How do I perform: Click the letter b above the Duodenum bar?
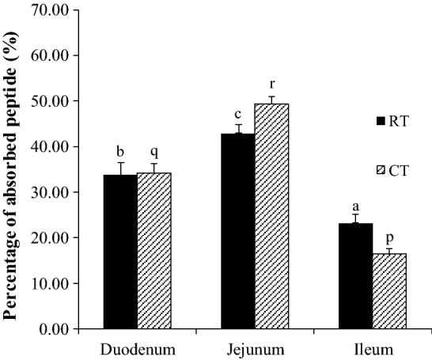pyautogui.click(x=120, y=151)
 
